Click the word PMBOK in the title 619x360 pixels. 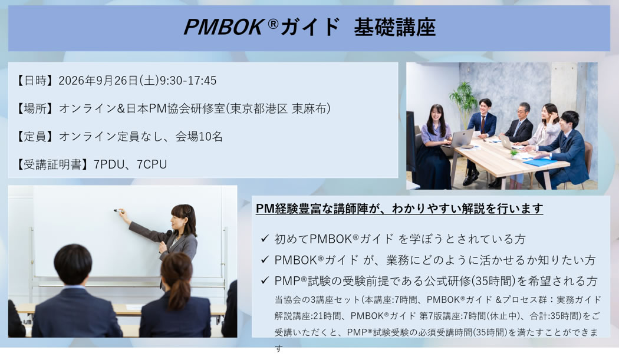point(223,27)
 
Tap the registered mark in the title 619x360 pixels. point(273,24)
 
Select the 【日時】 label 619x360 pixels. point(35,81)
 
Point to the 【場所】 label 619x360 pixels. point(35,108)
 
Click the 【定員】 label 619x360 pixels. point(35,136)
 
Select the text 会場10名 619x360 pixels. point(199,136)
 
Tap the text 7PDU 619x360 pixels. point(109,164)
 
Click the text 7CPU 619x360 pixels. point(152,164)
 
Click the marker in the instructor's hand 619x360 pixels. point(118,211)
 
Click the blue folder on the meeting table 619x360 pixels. point(539,162)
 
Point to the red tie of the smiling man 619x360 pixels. point(482,124)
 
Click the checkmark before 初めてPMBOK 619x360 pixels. point(265,238)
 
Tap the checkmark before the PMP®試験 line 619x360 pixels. point(265,280)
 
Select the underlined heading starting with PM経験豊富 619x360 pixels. point(400,209)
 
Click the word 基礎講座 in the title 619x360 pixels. point(395,27)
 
